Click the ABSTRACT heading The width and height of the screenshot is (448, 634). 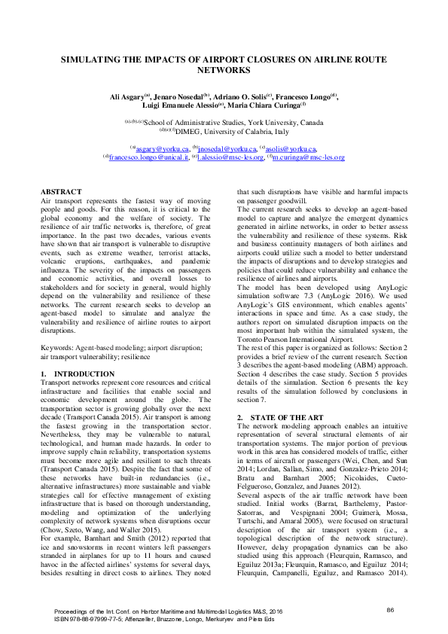61,192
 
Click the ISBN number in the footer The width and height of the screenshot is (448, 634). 81,618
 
